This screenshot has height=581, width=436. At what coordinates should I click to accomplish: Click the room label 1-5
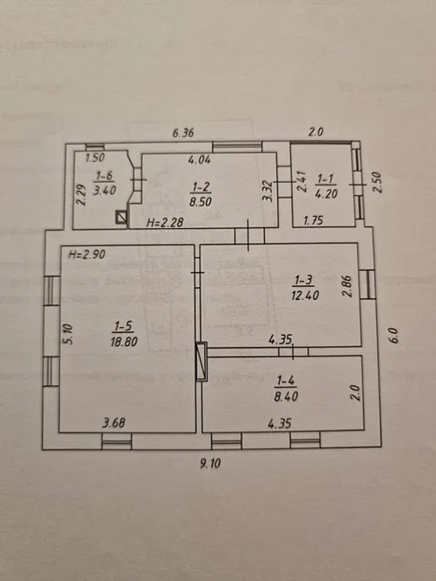tap(122, 326)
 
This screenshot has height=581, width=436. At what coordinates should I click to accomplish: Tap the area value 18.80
tap(122, 342)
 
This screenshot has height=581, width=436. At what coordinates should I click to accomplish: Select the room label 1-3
tap(304, 279)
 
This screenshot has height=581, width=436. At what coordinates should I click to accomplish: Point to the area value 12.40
tap(304, 295)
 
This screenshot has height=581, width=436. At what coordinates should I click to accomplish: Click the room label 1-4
tap(286, 380)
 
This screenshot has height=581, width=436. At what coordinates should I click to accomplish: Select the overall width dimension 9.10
tap(211, 463)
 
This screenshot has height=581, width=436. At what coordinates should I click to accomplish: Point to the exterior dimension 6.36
tap(183, 133)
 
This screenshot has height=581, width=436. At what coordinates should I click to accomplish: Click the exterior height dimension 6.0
tap(393, 333)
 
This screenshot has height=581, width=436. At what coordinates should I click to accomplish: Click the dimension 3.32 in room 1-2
tap(268, 191)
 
